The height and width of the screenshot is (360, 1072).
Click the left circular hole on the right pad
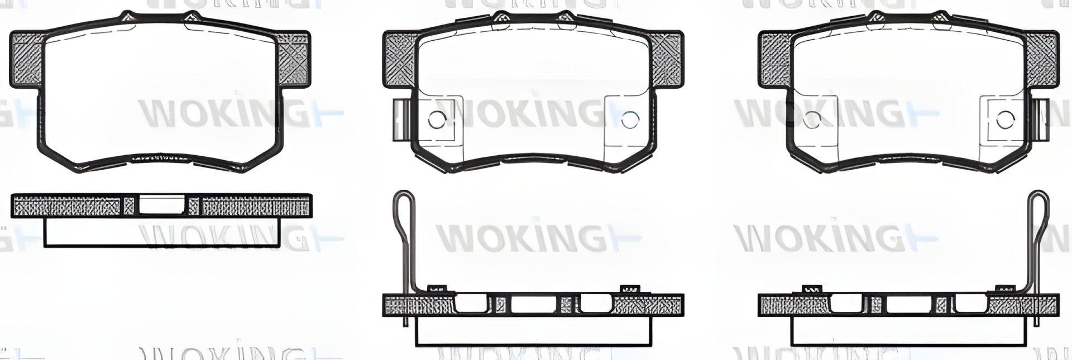click(x=811, y=119)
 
